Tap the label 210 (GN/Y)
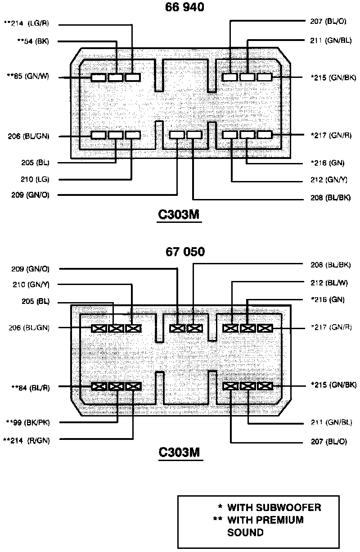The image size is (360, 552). tap(31, 285)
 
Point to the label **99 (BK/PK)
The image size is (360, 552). tap(29, 422)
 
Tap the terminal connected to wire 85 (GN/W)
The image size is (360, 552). tap(98, 77)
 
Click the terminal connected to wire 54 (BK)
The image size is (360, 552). tap(116, 77)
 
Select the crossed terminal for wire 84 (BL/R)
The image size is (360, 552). tap(99, 386)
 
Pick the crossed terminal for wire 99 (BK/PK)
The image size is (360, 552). tap(116, 386)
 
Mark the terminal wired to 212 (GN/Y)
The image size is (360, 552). tap(230, 135)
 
